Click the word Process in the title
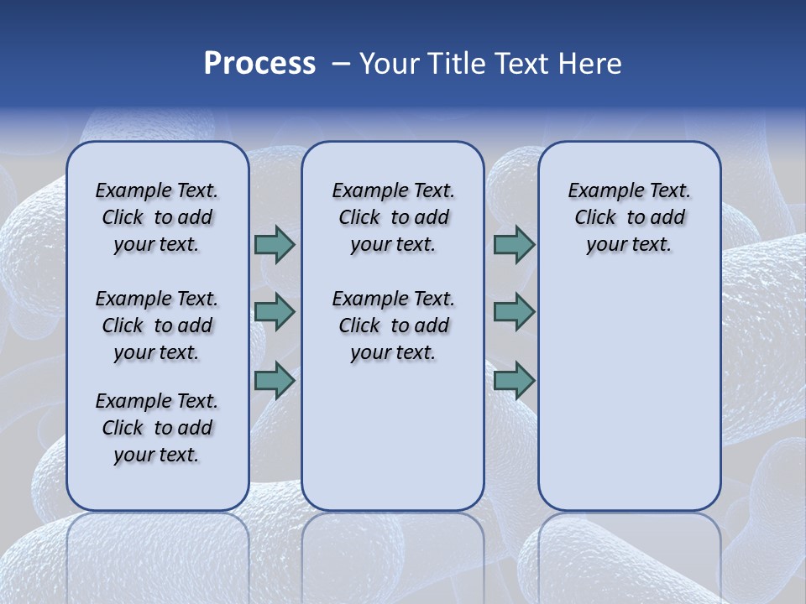point(259,64)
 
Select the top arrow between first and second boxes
point(275,245)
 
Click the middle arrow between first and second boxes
point(275,312)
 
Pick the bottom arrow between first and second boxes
point(275,381)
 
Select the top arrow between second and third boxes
point(514,245)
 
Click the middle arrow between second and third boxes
point(514,312)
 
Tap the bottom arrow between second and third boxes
point(514,381)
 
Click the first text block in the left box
point(157,217)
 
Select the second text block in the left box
point(157,325)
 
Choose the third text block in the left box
point(157,428)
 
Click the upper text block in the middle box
point(393,217)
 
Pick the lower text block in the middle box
point(393,325)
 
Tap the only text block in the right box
point(629,217)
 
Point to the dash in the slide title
point(341,64)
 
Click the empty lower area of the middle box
point(393,436)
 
